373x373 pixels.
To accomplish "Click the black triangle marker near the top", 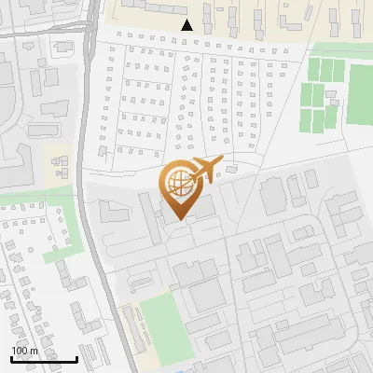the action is [x=187, y=25].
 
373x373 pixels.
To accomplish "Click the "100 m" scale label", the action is [x=25, y=351].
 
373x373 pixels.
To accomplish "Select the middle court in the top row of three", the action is [x=326, y=69].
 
